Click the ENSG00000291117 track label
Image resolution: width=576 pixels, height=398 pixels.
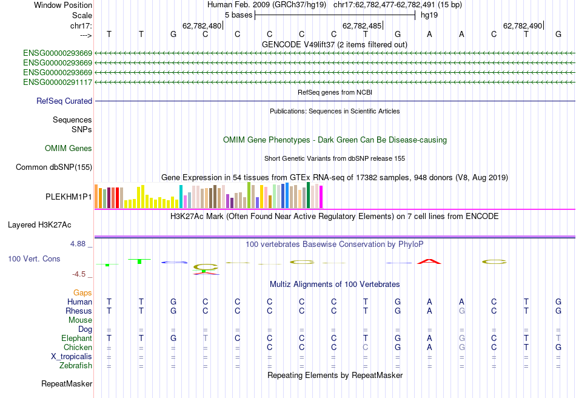[x=58, y=82]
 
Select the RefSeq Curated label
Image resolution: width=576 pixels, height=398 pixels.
[x=64, y=101]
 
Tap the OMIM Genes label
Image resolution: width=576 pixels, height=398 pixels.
[x=69, y=148]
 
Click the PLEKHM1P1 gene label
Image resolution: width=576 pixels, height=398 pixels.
[x=69, y=197]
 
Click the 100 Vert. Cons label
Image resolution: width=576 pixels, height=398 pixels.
[x=34, y=259]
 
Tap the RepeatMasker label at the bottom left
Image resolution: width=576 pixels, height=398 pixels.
[x=67, y=384]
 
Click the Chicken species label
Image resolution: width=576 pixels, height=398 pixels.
[x=78, y=347]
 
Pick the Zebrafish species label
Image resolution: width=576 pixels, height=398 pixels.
[x=76, y=366]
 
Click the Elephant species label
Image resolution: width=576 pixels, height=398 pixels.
[x=76, y=338]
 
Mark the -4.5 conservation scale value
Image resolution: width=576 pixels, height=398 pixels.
[x=81, y=274]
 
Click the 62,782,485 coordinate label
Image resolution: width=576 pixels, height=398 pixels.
[x=362, y=26]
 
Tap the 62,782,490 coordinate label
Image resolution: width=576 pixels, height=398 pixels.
[x=522, y=26]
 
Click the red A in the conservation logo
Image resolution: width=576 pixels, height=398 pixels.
[x=429, y=261]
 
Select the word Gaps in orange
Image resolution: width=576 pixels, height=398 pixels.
[x=82, y=292]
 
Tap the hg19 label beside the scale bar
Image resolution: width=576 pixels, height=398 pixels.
[x=429, y=15]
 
